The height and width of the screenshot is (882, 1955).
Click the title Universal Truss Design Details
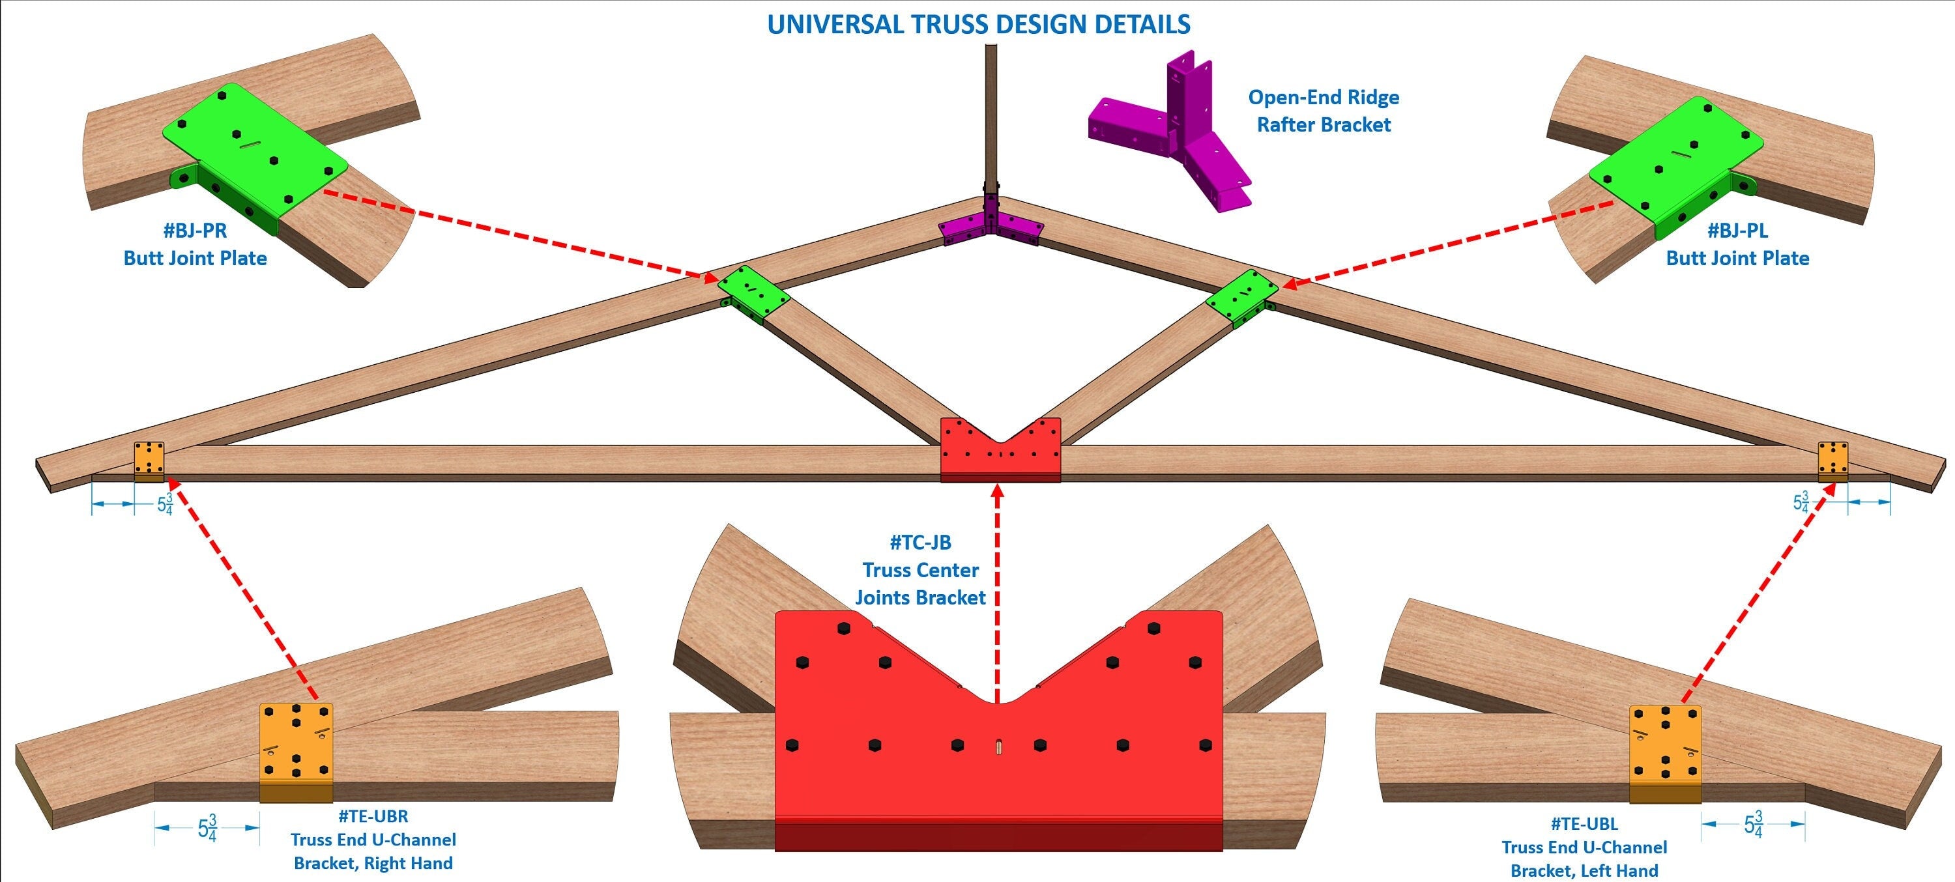[978, 25]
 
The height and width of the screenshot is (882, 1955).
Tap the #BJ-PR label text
[195, 230]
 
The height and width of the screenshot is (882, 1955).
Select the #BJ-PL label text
[1737, 230]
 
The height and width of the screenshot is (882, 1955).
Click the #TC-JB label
[920, 543]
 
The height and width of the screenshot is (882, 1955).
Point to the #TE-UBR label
[373, 817]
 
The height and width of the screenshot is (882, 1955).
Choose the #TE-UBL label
[1584, 823]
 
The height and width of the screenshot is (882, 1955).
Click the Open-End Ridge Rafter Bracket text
[1323, 111]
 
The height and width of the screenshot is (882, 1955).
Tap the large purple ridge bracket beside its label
[1176, 129]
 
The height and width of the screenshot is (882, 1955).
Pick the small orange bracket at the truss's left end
[149, 461]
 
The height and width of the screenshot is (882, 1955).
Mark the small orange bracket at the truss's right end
[1832, 461]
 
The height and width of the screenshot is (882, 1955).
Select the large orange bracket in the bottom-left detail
[296, 751]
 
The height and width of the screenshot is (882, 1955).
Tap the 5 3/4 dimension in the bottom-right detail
[1753, 823]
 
